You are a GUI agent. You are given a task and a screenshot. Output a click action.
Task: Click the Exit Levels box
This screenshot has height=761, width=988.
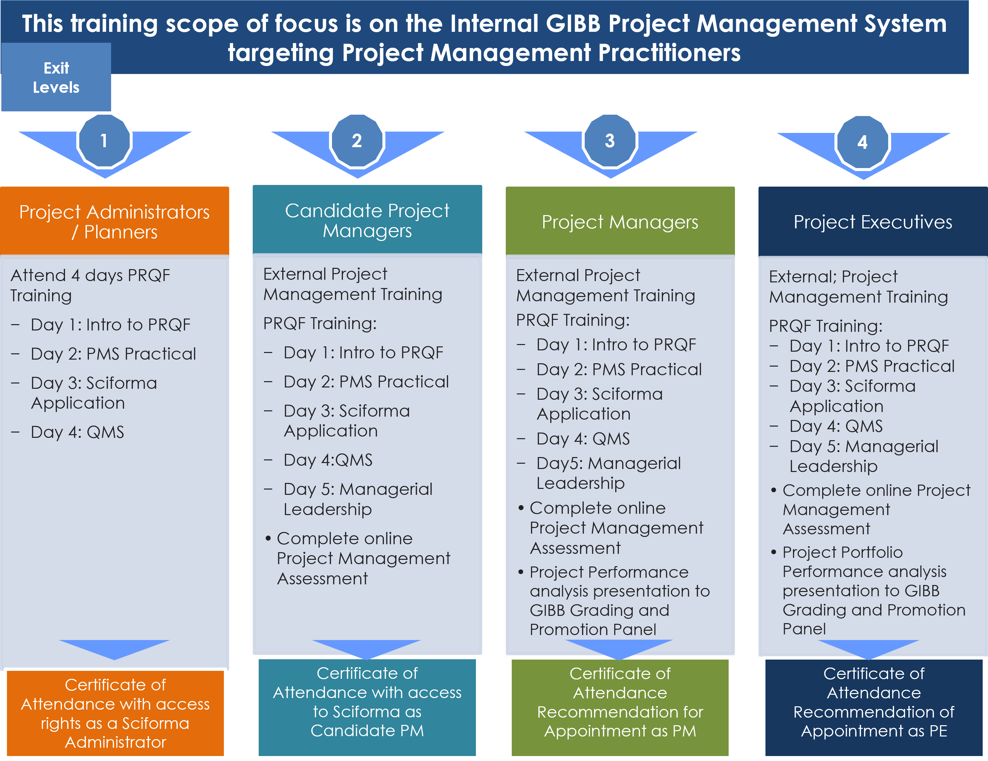click(x=56, y=77)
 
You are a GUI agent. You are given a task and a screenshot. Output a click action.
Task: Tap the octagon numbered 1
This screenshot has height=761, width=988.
click(x=104, y=141)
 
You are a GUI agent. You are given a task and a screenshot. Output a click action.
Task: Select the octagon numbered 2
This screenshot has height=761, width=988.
click(x=357, y=141)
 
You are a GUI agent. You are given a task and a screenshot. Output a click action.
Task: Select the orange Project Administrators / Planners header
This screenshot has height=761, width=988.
click(x=114, y=221)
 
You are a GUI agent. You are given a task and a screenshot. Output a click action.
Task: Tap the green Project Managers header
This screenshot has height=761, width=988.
click(x=620, y=221)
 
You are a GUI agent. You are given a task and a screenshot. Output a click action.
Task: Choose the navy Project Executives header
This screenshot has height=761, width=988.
click(x=873, y=221)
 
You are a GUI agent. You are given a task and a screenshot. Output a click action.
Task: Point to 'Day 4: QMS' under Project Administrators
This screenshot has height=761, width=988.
click(x=77, y=432)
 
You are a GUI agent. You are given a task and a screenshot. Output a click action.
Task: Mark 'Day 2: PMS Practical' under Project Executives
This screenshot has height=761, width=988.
click(x=872, y=366)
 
